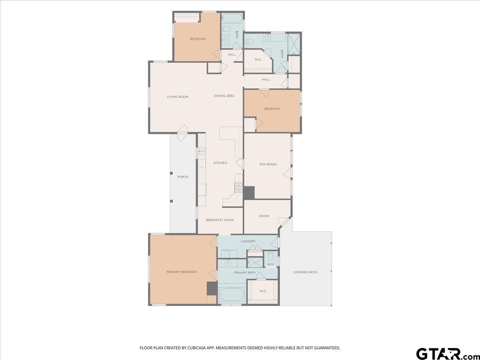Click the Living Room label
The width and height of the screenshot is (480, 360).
[177, 97]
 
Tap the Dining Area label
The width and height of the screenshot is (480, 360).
[224, 96]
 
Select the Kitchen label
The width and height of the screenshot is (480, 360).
[220, 163]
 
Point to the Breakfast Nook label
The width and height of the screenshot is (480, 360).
[220, 220]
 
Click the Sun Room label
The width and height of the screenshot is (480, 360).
[268, 164]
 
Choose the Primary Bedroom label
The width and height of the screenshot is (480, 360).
[182, 272]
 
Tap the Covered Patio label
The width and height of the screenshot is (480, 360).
[305, 272]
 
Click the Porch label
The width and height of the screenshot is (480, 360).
[183, 177]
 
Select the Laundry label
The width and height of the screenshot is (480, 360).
[248, 241]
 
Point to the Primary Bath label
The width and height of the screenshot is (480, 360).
[244, 272]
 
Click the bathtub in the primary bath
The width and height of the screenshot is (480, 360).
[232, 294]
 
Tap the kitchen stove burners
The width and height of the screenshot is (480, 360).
[238, 188]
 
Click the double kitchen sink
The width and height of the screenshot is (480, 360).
[202, 152]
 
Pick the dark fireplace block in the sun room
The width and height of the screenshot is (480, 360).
[249, 193]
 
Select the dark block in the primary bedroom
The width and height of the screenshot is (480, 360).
[212, 288]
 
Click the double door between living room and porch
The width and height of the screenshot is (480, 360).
[182, 133]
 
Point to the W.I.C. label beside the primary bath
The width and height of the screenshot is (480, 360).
[263, 291]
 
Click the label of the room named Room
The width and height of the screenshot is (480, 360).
[264, 216]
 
